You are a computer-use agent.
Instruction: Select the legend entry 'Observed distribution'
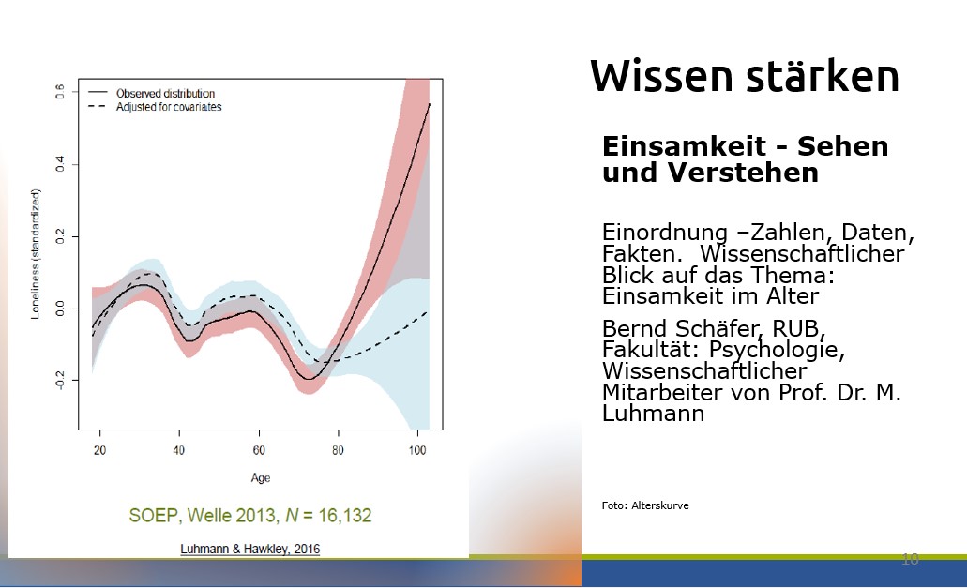(165, 94)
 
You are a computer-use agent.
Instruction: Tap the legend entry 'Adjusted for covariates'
(168, 107)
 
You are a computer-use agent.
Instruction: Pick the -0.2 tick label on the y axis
(59, 378)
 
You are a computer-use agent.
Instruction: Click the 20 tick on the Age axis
(99, 449)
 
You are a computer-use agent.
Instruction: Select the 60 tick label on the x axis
(260, 449)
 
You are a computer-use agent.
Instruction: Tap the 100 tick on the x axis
(417, 449)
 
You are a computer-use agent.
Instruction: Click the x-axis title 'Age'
(260, 477)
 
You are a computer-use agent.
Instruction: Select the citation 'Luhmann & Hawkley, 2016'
(249, 549)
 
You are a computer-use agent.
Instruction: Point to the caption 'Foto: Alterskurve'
(645, 505)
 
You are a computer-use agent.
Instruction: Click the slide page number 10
(909, 559)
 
